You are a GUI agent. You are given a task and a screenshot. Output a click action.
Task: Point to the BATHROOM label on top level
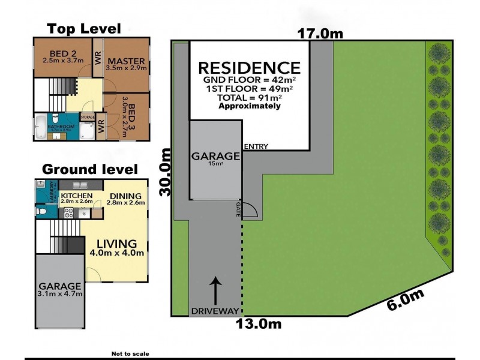click(62, 127)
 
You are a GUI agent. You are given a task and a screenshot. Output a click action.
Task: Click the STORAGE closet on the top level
click(88, 117)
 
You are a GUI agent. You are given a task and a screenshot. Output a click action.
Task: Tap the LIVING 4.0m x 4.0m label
click(118, 247)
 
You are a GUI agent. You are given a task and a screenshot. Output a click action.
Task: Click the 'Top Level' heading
click(84, 29)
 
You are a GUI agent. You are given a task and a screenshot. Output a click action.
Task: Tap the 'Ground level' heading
click(89, 169)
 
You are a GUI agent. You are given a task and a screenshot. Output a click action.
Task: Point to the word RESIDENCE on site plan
click(249, 67)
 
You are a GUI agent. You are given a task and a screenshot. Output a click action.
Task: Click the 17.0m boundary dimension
click(321, 34)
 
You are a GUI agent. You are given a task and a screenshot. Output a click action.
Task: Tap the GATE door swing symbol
click(250, 210)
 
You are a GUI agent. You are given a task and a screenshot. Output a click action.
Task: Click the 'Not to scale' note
click(130, 354)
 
